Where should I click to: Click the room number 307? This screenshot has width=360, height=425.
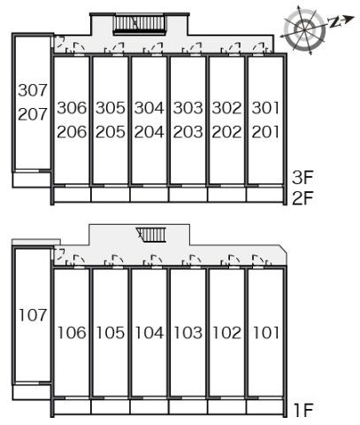coord(33,90)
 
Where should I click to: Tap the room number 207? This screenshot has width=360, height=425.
coord(33,114)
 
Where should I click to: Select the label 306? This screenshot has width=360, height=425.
coord(72,108)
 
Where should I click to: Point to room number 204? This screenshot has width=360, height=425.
coord(149,132)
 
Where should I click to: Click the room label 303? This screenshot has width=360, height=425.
coord(188,108)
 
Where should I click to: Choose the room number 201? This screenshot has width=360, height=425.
coord(265,132)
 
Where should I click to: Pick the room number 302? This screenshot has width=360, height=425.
coord(226,108)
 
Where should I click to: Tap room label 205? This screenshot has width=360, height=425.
coord(111,132)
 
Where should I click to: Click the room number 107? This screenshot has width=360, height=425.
coord(33,315)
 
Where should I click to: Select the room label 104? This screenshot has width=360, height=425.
coord(149,333)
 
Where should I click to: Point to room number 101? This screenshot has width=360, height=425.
coord(266,333)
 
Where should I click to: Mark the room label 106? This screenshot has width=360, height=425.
coord(72,333)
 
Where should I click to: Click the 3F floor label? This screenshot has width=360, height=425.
coord(303,178)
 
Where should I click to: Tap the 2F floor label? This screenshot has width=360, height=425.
coord(303,198)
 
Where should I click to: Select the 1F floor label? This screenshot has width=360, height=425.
coord(303,410)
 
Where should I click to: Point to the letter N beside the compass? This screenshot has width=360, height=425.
coord(334,22)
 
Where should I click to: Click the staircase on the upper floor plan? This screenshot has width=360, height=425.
coord(140,23)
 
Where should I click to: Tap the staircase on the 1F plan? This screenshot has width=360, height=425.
coord(151,235)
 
